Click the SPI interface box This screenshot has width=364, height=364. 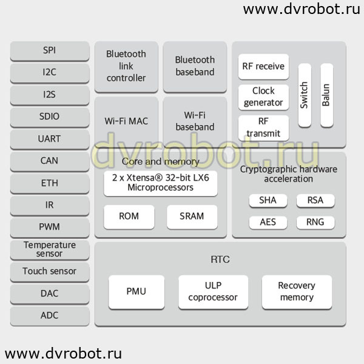tap(50, 51)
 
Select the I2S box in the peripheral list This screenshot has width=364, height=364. tap(50, 95)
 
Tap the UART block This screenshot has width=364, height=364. tap(50, 140)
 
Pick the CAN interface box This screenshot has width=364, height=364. tap(50, 161)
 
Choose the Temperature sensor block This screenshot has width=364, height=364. tap(50, 250)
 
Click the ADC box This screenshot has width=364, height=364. tap(50, 316)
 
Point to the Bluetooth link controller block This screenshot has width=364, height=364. tap(126, 67)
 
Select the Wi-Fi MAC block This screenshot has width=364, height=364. tap(126, 122)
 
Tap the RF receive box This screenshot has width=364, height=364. tap(263, 67)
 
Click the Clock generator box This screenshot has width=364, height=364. tap(263, 97)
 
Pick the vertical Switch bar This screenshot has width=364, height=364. tap(305, 95)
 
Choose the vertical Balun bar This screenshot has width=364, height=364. tap(326, 95)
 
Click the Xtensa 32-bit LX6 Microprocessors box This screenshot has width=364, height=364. tap(161, 183)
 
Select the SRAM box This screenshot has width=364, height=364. tap(192, 217)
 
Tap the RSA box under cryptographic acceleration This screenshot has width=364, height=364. tap(315, 201)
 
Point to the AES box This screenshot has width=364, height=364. tap(268, 223)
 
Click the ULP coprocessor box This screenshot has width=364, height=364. tap(213, 292)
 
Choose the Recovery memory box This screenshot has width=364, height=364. tap(297, 292)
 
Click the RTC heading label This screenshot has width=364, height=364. tap(220, 259)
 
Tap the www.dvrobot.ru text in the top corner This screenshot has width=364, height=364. tap(302, 10)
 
